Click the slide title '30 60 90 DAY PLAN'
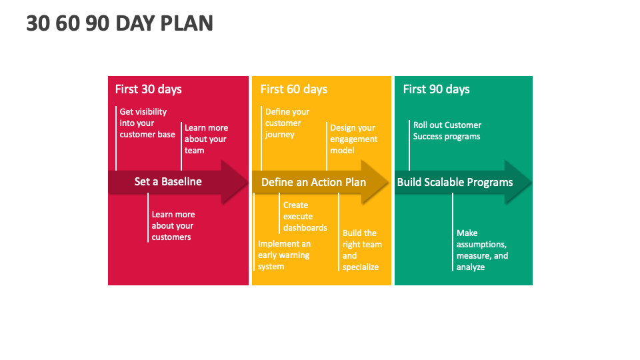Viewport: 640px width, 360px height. click(119, 23)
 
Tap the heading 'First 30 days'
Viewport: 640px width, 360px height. click(148, 89)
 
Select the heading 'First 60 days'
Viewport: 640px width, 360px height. click(294, 89)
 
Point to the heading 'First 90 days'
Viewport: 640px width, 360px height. click(436, 89)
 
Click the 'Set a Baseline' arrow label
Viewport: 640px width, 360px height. click(168, 181)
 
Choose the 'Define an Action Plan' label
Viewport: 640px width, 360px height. click(313, 182)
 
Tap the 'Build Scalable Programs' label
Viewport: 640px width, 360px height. click(455, 182)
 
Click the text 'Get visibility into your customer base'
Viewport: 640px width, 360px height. click(147, 123)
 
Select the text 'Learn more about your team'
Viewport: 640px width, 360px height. click(206, 139)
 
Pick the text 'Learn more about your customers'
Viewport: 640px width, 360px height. click(173, 226)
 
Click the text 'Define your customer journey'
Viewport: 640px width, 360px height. click(287, 123)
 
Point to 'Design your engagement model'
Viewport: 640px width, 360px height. click(353, 139)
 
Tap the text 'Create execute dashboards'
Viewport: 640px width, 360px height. click(305, 216)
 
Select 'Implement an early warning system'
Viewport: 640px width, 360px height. click(284, 255)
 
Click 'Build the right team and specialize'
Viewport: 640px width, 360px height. click(362, 250)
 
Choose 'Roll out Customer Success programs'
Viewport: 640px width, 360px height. click(447, 131)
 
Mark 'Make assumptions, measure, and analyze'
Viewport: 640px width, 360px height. click(482, 250)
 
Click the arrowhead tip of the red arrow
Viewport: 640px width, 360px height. click(248, 181)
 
